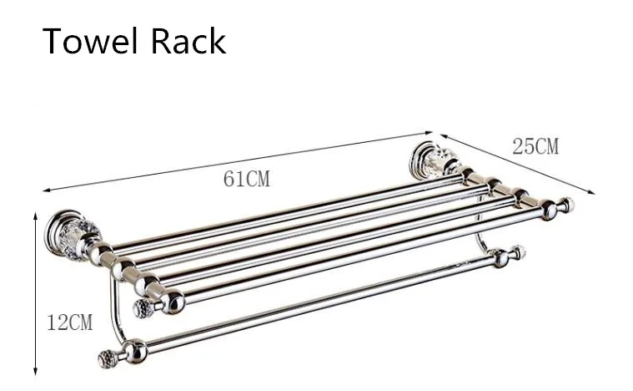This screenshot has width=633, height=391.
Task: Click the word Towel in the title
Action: [90, 41]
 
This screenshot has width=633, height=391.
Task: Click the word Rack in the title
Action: [188, 41]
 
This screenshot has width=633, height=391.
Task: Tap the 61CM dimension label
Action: [247, 179]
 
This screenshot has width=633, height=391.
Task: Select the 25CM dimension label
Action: [535, 146]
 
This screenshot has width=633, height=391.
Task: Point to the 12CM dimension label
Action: [70, 322]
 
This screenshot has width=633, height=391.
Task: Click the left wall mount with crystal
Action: [73, 236]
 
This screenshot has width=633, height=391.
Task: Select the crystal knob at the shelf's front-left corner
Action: [142, 308]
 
